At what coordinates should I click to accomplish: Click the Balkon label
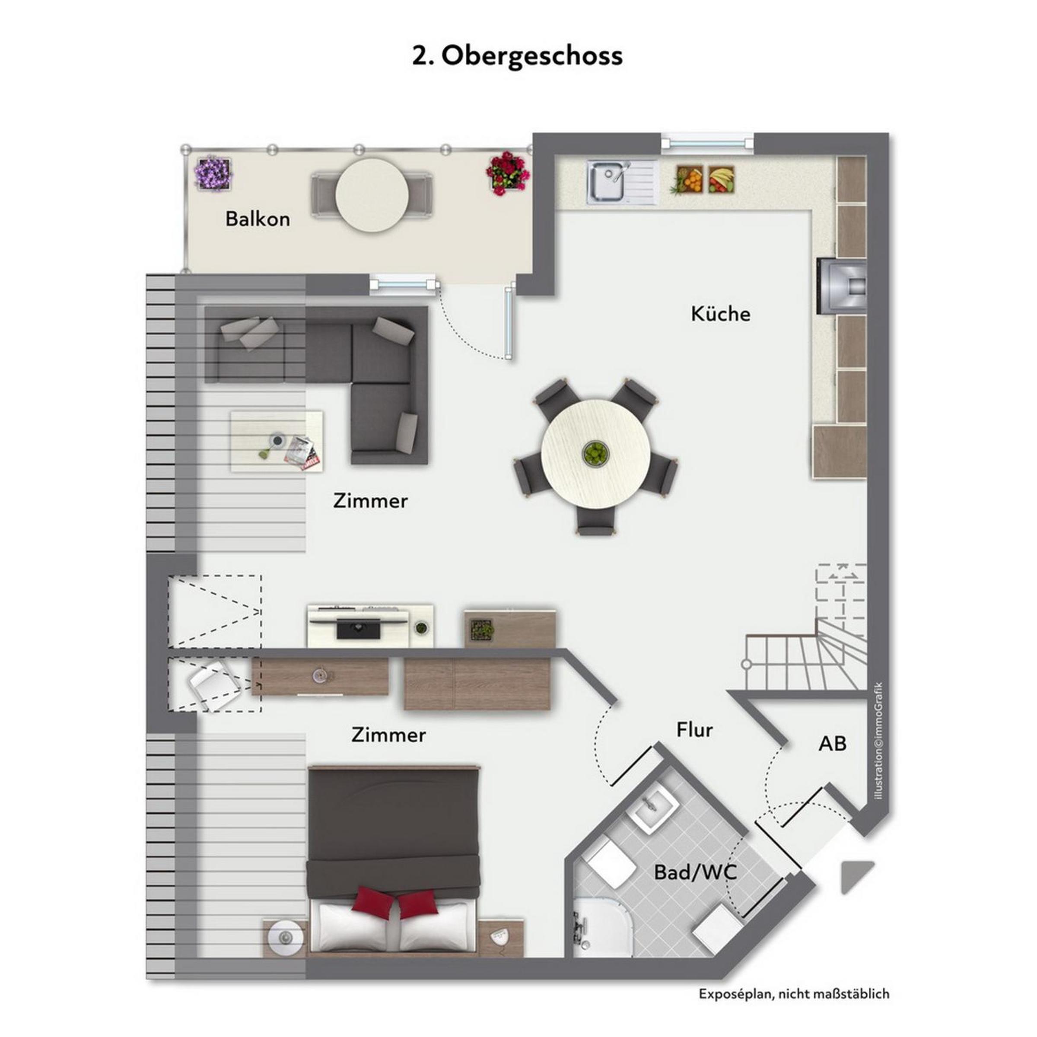point(258,219)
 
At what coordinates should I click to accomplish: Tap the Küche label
point(720,314)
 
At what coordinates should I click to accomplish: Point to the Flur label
point(694,730)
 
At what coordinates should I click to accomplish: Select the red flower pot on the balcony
point(507,173)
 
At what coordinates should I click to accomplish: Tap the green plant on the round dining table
point(596,453)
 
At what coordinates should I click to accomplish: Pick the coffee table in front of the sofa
point(277,441)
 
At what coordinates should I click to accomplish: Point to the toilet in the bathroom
point(610,865)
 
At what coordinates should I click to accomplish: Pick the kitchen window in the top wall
point(707,143)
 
